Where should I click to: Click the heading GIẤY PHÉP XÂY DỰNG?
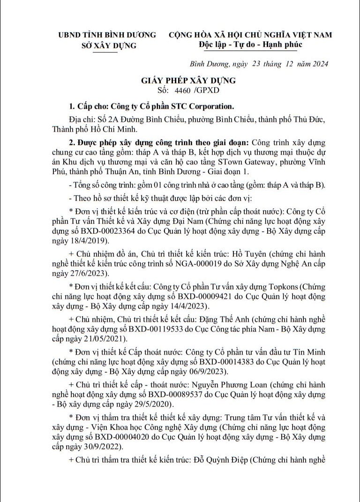[x=188, y=80]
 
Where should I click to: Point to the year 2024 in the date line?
[x=318, y=64]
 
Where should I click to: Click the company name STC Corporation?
[x=206, y=106]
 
